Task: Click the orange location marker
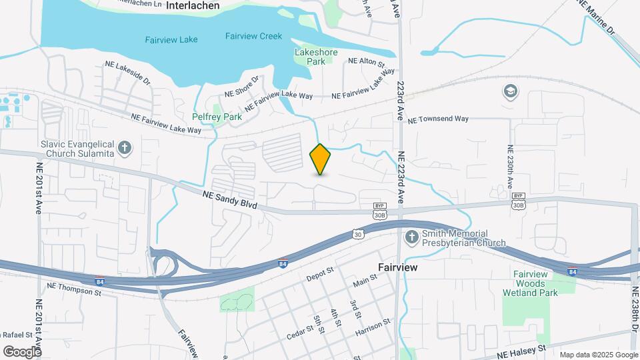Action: (x=320, y=159)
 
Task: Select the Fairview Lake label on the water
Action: (x=171, y=40)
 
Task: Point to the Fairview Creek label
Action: (x=253, y=37)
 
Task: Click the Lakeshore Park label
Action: (x=316, y=57)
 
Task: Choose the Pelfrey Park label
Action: (x=217, y=117)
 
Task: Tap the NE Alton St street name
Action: (x=367, y=62)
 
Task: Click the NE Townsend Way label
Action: (x=438, y=119)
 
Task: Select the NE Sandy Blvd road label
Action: (x=230, y=199)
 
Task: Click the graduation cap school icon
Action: (x=511, y=91)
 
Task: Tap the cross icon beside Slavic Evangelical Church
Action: (x=123, y=148)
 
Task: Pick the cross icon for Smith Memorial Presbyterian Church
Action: (x=412, y=237)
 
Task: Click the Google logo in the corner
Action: (x=22, y=351)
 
